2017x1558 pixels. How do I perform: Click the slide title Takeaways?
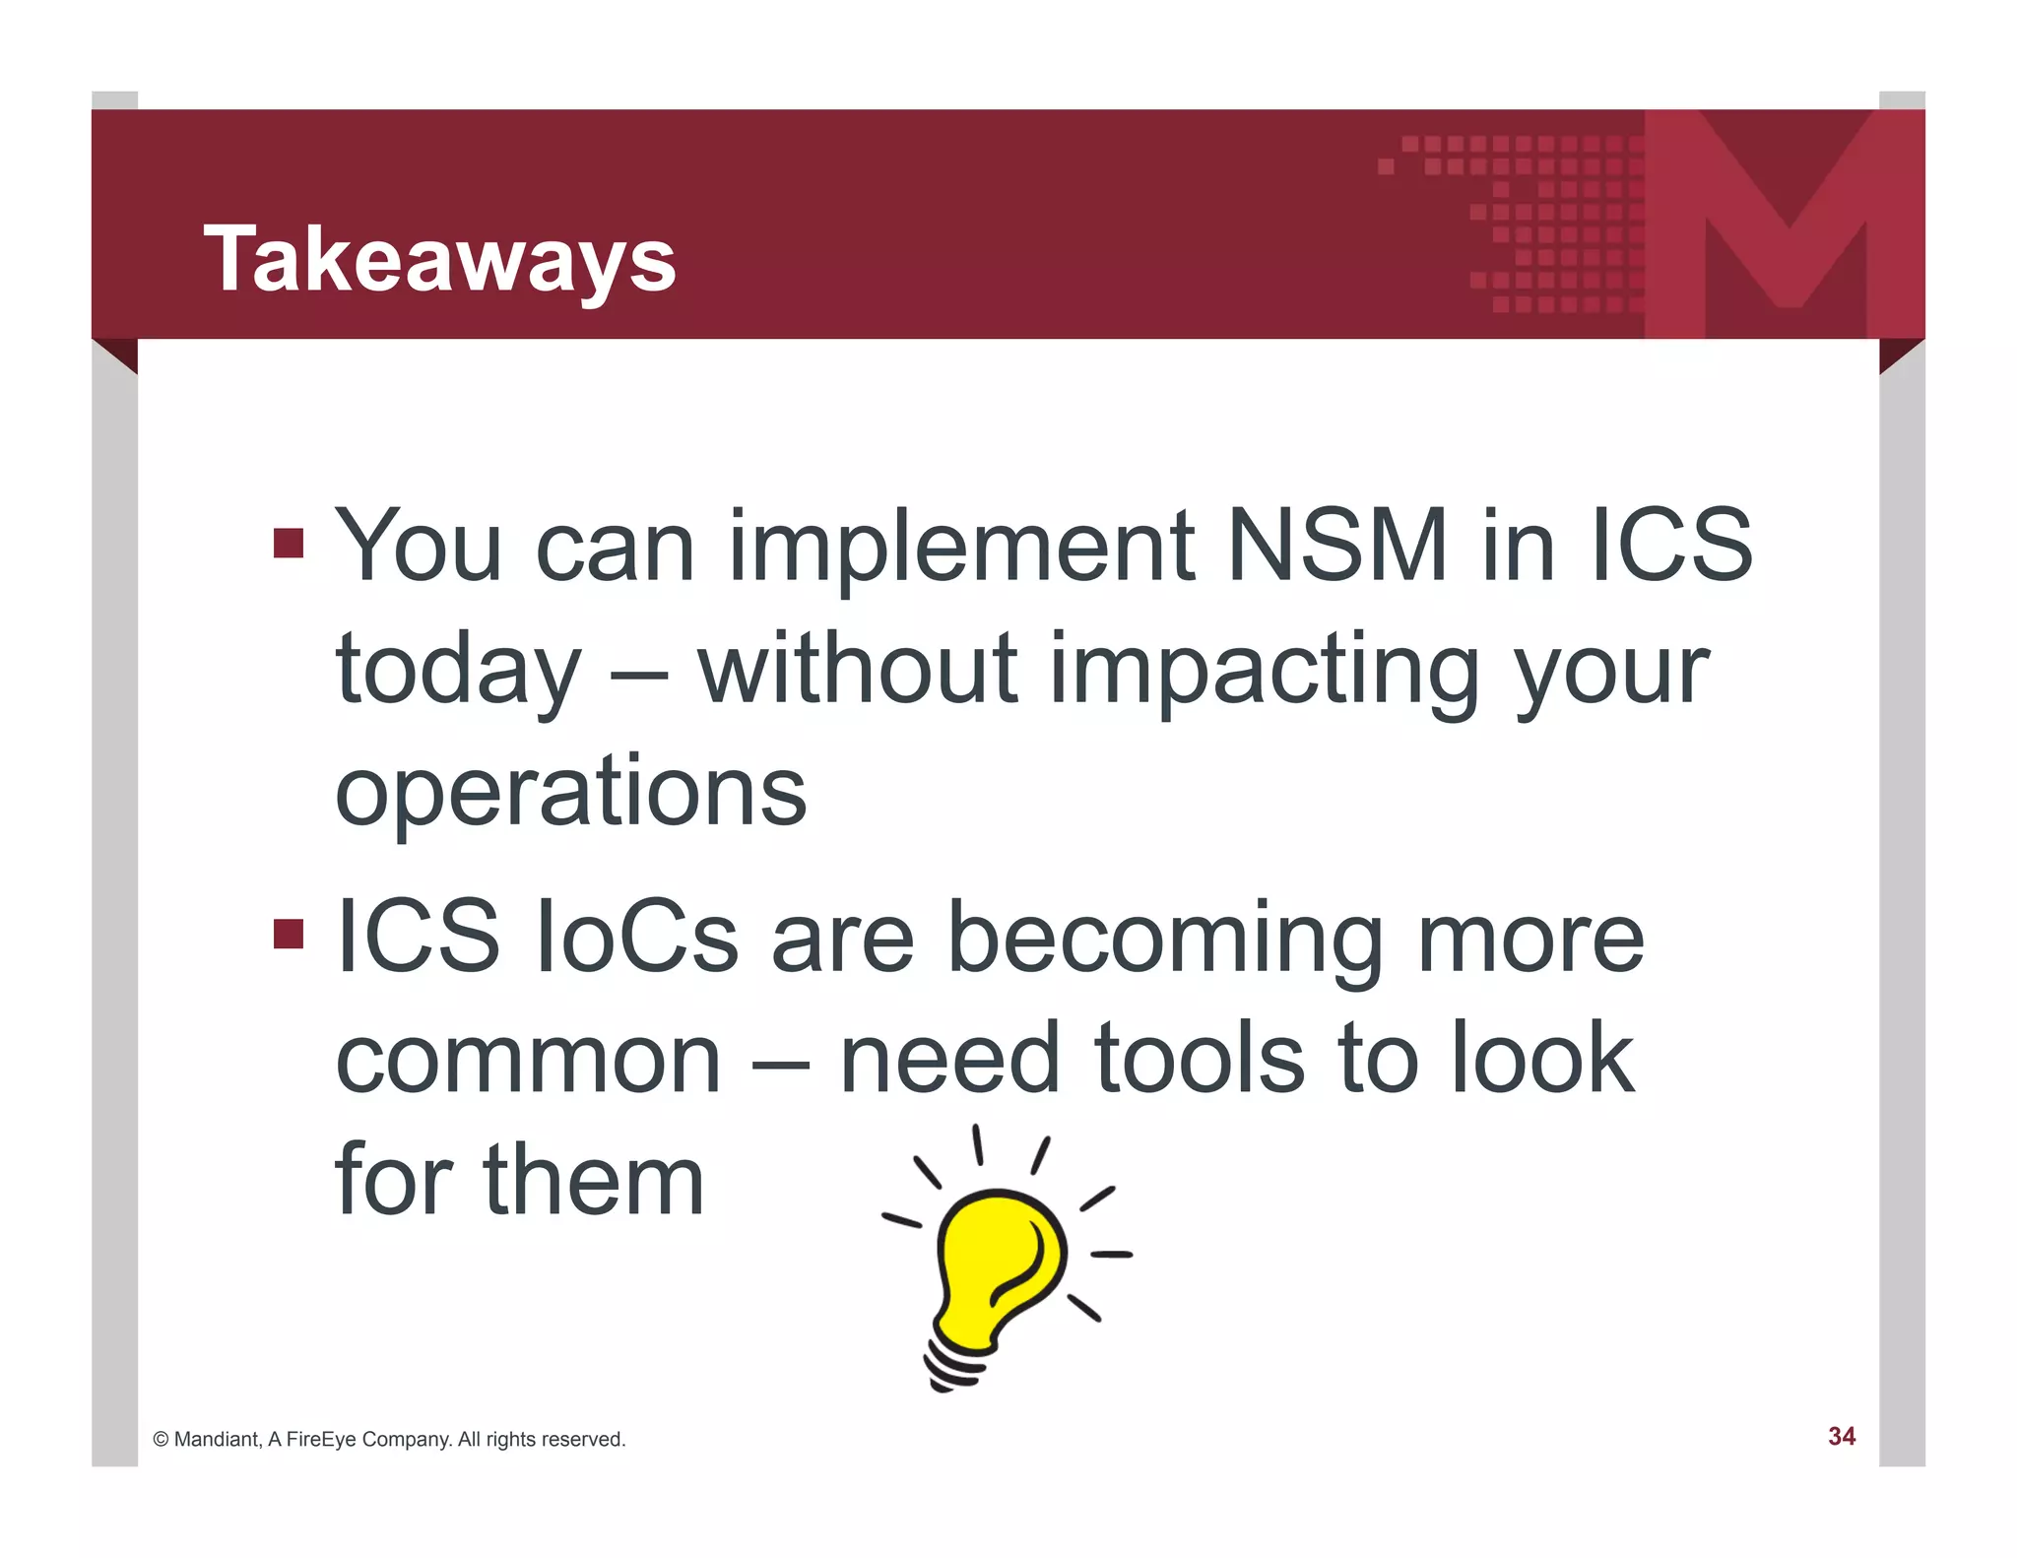(x=439, y=258)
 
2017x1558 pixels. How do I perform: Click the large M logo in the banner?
(x=1785, y=223)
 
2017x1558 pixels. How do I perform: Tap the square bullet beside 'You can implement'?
(x=288, y=543)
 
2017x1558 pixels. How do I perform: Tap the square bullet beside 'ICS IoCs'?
(x=288, y=934)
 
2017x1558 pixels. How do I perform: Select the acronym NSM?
(x=1337, y=545)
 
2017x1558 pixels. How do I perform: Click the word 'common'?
(x=529, y=1061)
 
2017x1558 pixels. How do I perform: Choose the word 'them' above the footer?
(x=593, y=1180)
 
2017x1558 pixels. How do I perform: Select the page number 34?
(x=1841, y=1437)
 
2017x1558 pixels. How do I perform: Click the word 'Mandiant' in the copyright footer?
(x=217, y=1440)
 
